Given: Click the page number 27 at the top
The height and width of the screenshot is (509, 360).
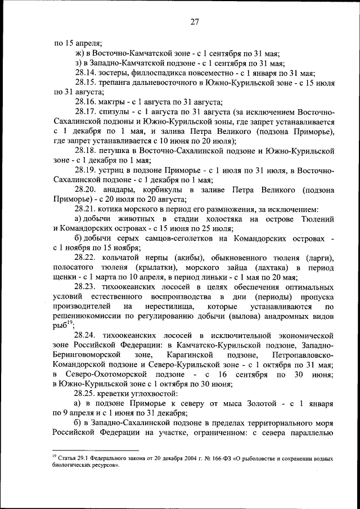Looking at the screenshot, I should coord(195,22).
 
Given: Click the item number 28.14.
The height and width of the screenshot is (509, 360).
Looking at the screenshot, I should coord(85,73).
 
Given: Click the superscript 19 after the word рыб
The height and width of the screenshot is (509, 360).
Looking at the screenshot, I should coord(71,322).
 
